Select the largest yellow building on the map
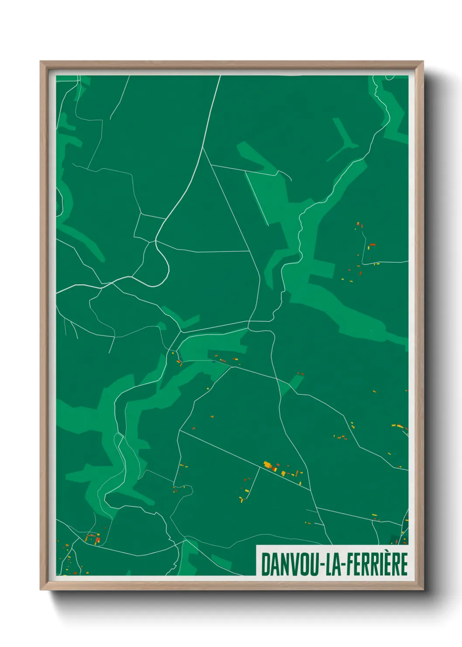tap(267, 464)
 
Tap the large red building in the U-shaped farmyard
tap(97, 540)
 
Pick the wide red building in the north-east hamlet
tap(372, 244)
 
